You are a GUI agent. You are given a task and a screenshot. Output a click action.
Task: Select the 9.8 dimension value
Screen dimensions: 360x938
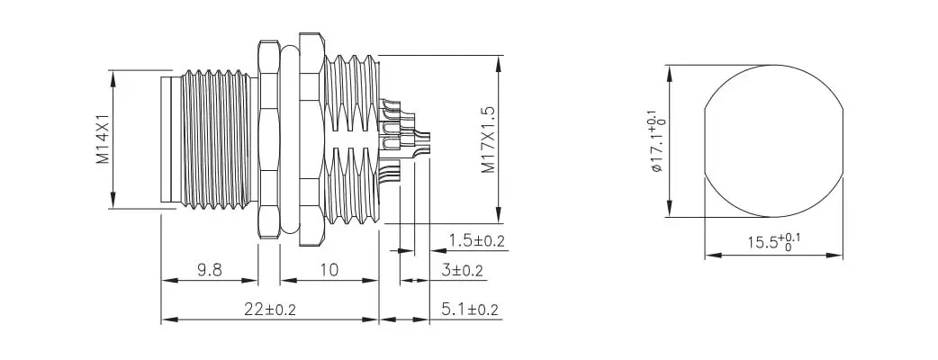[x=209, y=270]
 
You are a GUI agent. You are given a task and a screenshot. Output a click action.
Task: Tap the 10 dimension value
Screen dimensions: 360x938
[x=328, y=270]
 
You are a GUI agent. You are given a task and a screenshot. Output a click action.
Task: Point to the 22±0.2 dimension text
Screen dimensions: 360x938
[x=269, y=309]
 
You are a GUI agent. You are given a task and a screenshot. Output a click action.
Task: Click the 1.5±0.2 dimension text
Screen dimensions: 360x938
[x=476, y=240]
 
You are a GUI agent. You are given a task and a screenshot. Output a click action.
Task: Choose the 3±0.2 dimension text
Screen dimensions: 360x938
[x=462, y=270]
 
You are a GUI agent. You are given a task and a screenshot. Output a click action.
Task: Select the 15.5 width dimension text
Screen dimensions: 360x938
[x=773, y=242]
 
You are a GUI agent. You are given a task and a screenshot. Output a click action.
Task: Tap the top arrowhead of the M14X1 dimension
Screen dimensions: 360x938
[x=113, y=75]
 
